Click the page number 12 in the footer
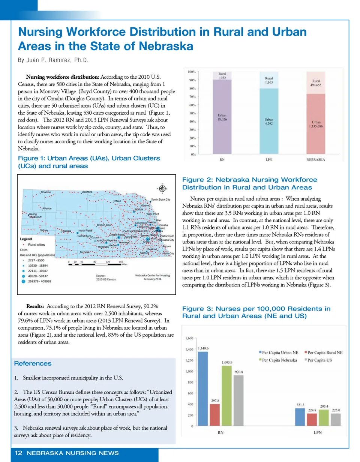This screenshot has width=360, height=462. click(x=17, y=453)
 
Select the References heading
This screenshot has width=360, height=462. click(x=33, y=363)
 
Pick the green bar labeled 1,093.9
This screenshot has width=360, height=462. click(x=227, y=396)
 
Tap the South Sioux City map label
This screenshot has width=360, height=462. click(x=160, y=200)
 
